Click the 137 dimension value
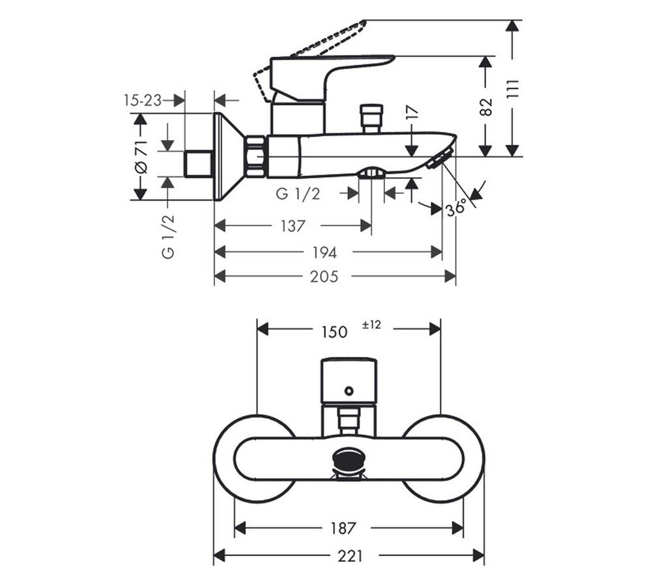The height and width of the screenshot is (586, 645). click(x=293, y=226)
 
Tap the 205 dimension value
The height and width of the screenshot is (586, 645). click(x=324, y=277)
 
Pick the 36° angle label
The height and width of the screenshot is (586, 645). click(x=457, y=208)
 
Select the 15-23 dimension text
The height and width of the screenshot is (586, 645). click(x=142, y=100)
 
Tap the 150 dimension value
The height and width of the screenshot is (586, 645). click(x=334, y=331)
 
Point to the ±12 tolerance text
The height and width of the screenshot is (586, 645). click(x=371, y=325)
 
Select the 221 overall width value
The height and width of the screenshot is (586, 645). click(x=350, y=556)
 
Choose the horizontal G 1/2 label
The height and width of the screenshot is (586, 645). click(x=298, y=193)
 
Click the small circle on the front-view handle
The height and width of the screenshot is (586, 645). click(x=349, y=391)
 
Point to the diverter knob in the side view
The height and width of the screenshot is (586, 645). click(x=372, y=117)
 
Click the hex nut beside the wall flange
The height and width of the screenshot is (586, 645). click(x=256, y=157)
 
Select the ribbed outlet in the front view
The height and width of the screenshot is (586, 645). click(x=349, y=460)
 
